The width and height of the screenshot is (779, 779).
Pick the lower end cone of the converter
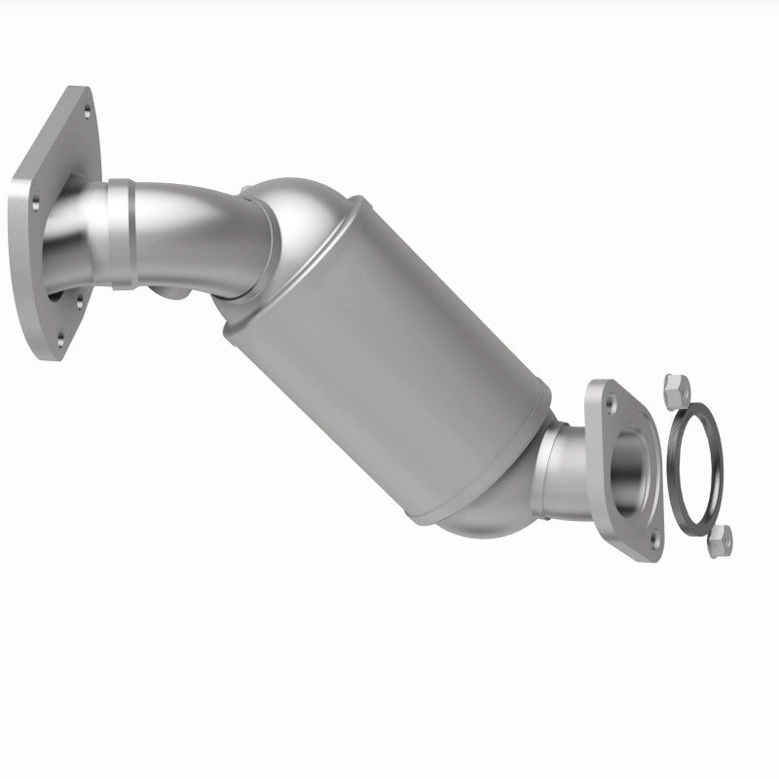487,511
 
